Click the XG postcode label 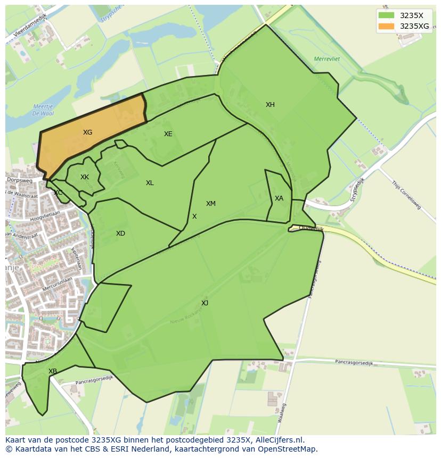pyautogui.click(x=87, y=132)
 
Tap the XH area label pyautogui.click(x=270, y=105)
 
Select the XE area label pyautogui.click(x=168, y=134)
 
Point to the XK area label pyautogui.click(x=85, y=177)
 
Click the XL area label pyautogui.click(x=150, y=183)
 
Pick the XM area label pyautogui.click(x=211, y=204)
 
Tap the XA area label pyautogui.click(x=279, y=198)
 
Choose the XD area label pyautogui.click(x=120, y=234)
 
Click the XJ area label pyautogui.click(x=205, y=303)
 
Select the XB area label pyautogui.click(x=53, y=371)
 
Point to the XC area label pyautogui.click(x=58, y=193)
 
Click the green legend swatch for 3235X pyautogui.click(x=386, y=15)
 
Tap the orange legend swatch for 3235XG pyautogui.click(x=386, y=26)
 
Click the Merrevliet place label pyautogui.click(x=326, y=59)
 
